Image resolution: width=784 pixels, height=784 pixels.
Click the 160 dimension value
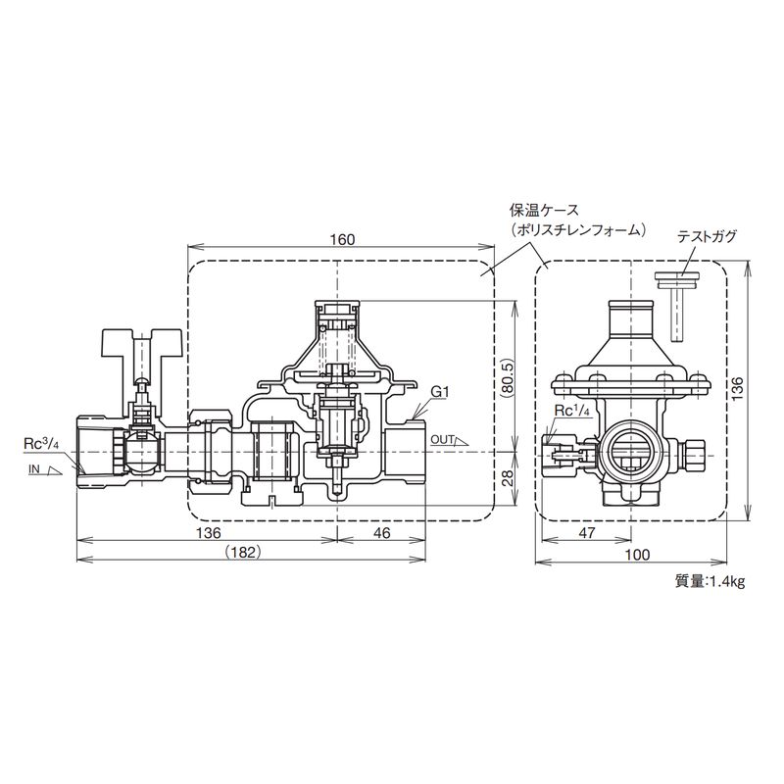click(x=342, y=239)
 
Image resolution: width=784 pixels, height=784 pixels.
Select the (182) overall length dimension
click(x=242, y=552)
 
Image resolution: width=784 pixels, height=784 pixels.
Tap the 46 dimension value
click(x=381, y=533)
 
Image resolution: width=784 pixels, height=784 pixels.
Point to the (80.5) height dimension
click(x=506, y=376)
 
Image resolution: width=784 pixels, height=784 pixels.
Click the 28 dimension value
click(x=506, y=479)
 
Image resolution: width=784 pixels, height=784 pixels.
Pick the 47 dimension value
click(x=587, y=533)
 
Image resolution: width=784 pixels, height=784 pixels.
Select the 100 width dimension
click(x=638, y=554)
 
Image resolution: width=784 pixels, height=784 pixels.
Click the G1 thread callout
click(x=439, y=393)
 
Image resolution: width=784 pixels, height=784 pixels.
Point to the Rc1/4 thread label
click(x=576, y=410)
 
